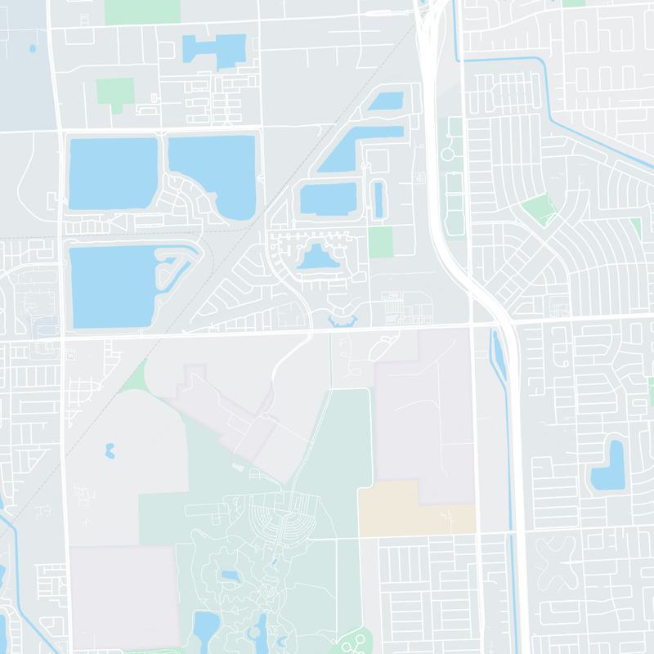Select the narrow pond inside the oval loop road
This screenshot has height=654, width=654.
click(378, 199)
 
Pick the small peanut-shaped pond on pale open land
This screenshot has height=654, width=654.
click(109, 450)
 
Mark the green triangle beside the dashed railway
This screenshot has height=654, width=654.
click(136, 378)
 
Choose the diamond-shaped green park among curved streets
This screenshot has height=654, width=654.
click(538, 209)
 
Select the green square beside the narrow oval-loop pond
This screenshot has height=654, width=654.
click(379, 242)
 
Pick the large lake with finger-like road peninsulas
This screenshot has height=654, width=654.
click(114, 286)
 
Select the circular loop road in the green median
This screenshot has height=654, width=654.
click(450, 152)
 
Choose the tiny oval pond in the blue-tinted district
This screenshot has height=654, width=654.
click(32, 48)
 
